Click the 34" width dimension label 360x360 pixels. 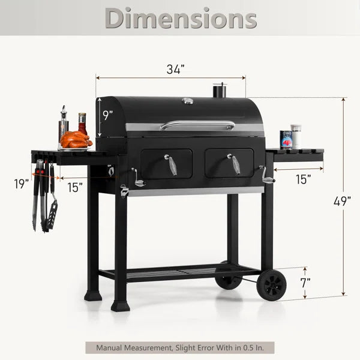coord(176,69)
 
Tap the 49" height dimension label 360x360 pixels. coord(342,202)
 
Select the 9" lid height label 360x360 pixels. coord(107,115)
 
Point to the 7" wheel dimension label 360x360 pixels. coord(305,283)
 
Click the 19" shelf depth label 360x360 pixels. coord(22,184)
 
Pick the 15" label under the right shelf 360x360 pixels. coord(303,179)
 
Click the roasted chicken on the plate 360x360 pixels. coord(76,139)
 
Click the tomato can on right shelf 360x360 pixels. coord(286,140)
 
